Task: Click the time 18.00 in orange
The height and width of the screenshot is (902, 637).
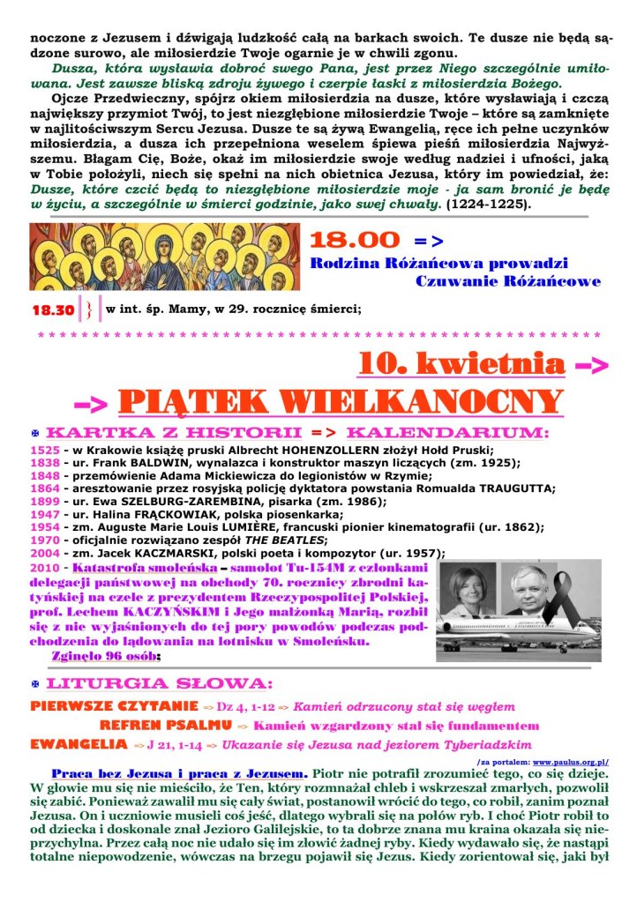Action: coord(355,240)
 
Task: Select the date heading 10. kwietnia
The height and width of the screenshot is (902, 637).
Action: coord(461,362)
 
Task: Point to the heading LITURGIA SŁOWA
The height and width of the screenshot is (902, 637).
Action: coord(159,684)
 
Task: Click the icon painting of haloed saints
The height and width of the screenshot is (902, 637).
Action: coord(165,256)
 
